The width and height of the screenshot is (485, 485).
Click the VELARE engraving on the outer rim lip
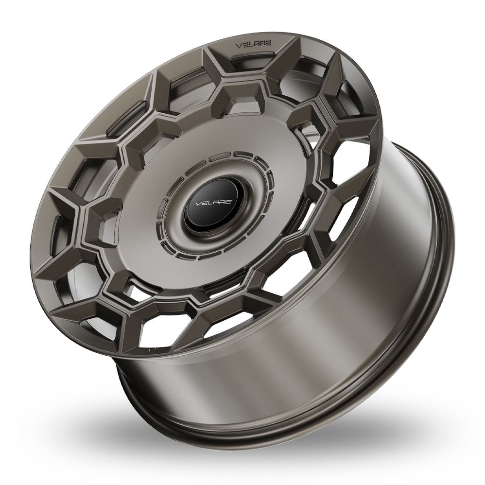(x=253, y=44)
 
